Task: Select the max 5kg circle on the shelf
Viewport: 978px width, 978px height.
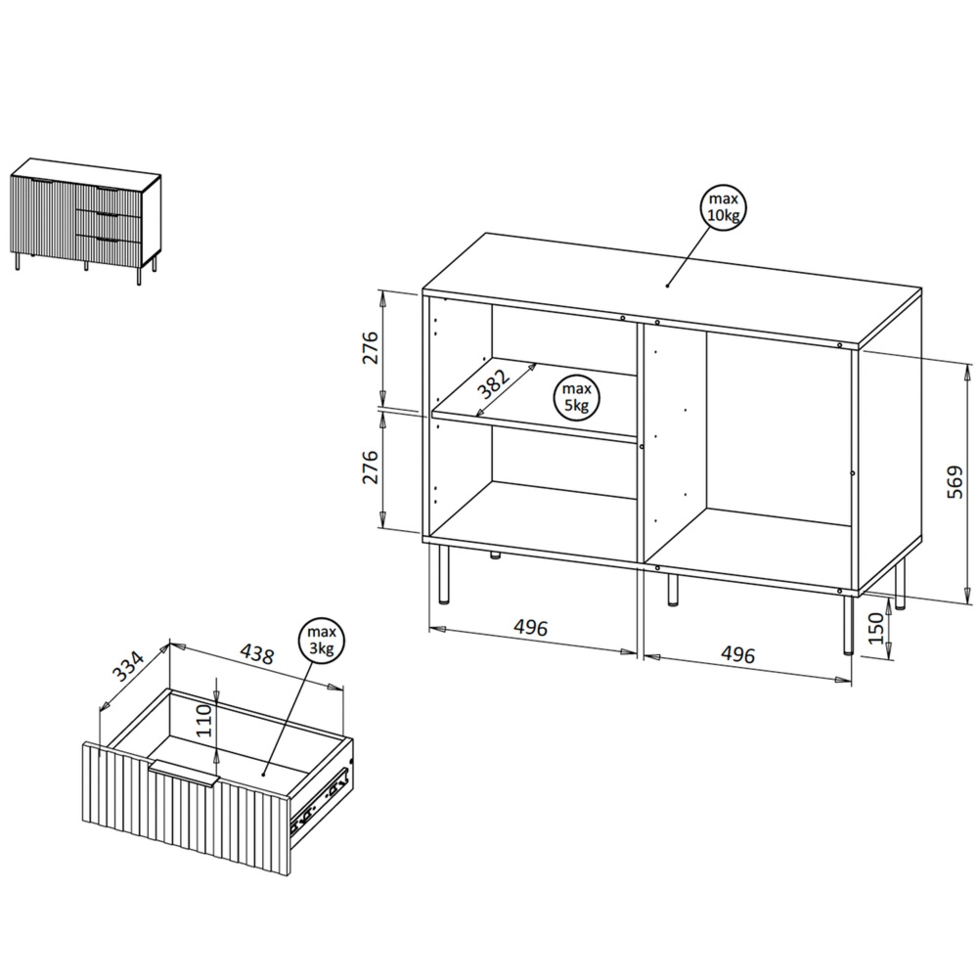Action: coord(576,398)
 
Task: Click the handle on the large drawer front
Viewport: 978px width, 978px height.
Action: coord(186,770)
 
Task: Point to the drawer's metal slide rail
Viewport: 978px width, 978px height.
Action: coord(323,795)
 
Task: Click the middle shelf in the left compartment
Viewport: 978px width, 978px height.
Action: coord(536,426)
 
